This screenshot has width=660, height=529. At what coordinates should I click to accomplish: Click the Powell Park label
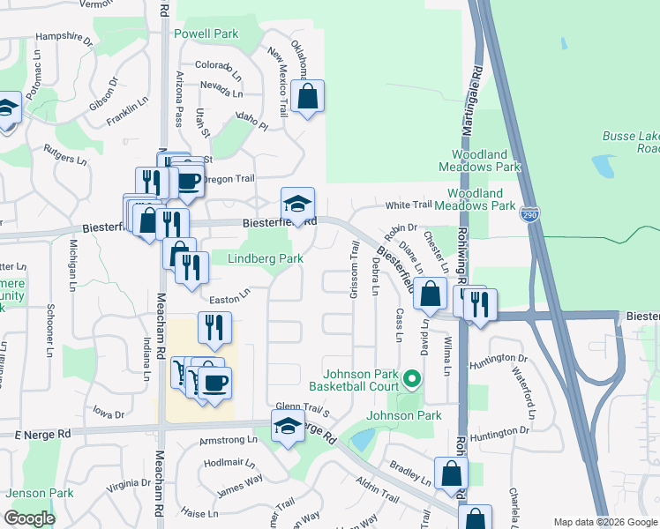[206, 34]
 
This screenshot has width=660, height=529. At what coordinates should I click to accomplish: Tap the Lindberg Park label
[266, 258]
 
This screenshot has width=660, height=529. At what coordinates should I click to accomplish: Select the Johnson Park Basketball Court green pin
[411, 380]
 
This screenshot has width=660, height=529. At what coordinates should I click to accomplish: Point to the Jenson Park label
[41, 493]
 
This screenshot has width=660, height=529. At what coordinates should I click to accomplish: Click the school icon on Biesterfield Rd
[297, 205]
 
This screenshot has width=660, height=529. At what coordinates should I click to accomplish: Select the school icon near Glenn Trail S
[287, 428]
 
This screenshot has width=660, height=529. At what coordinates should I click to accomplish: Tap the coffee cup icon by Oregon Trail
[187, 181]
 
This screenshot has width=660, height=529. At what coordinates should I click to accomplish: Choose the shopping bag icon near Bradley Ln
[451, 473]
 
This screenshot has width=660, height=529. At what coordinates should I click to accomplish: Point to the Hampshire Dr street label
[64, 40]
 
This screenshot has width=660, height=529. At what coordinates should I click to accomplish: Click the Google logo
[29, 518]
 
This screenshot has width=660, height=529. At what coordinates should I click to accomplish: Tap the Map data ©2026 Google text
[604, 522]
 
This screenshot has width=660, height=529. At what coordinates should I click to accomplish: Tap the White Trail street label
[409, 205]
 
